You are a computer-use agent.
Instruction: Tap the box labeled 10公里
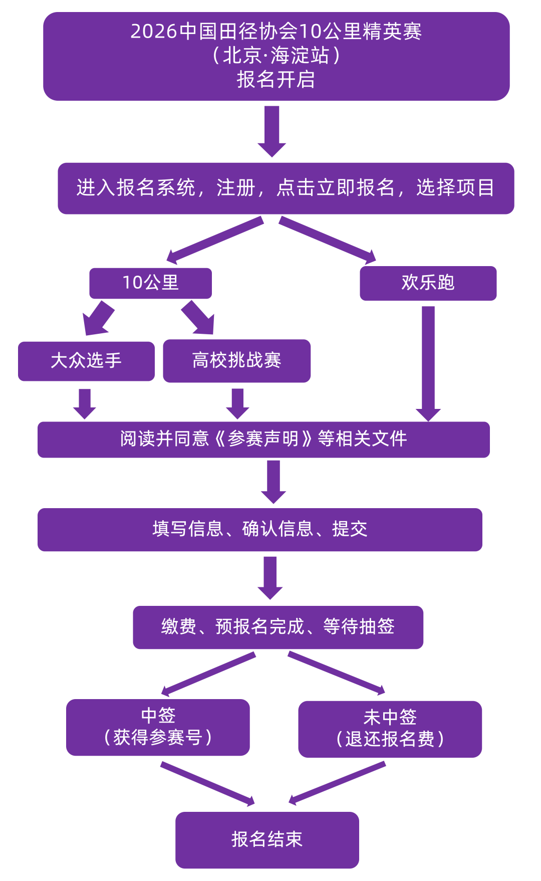pos(150,283)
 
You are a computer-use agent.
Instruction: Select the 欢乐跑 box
pos(428,283)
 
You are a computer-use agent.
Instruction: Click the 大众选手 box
pos(86,361)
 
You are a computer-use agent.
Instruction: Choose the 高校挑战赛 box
pos(236,360)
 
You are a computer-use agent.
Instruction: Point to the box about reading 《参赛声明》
pos(263,439)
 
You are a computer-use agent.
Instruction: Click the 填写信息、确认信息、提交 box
pos(259,529)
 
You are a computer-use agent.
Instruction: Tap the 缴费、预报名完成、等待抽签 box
pos(278,627)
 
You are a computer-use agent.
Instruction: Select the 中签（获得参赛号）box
pos(158,727)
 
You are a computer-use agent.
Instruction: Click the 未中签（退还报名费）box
pos(390,729)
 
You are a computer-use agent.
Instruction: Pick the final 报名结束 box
pos(267,839)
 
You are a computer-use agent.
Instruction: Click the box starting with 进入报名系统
pos(286,188)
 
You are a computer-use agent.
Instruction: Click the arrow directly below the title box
pos(272,130)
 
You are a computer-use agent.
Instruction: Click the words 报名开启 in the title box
pos(276,80)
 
